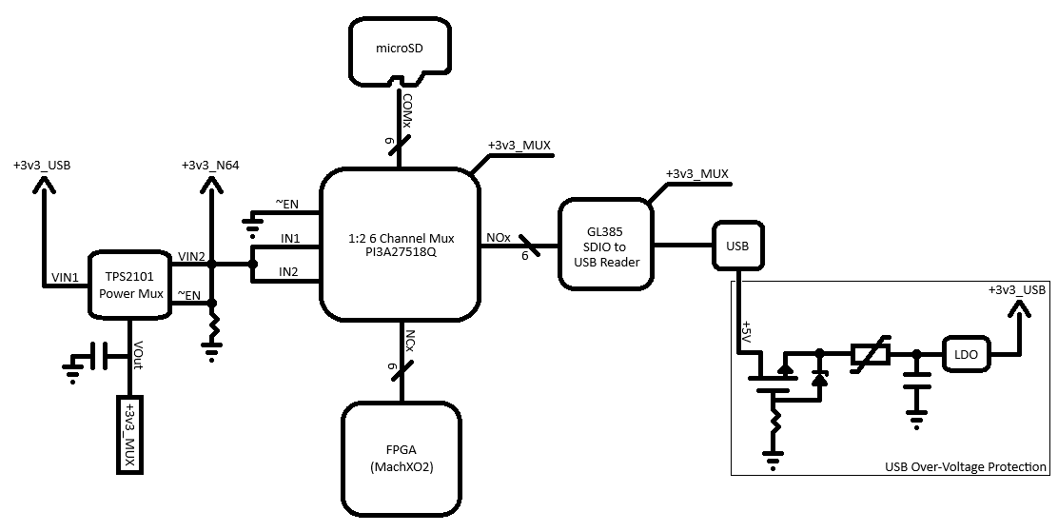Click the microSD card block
[399, 50]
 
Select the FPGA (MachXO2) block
[402, 459]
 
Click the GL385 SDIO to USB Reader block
[606, 244]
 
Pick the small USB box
[737, 246]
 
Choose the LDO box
[967, 354]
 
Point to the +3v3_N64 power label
[210, 166]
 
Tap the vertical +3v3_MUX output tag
[129, 434]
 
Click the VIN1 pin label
[65, 277]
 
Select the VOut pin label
[138, 354]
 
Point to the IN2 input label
[288, 271]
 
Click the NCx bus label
[409, 340]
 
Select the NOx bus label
[498, 238]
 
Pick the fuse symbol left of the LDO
[871, 353]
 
